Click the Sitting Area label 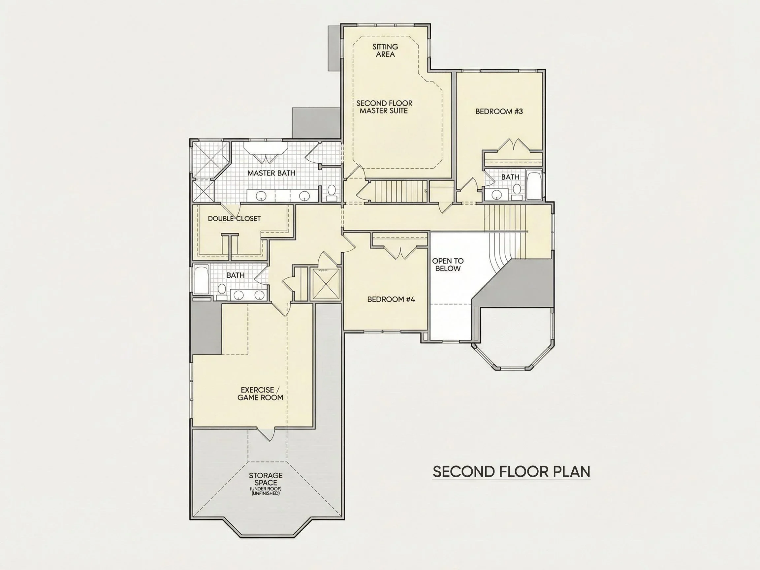click(385, 50)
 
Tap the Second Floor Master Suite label click(384, 107)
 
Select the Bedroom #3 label click(499, 111)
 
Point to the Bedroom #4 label click(391, 299)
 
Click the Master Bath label click(271, 173)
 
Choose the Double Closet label click(234, 218)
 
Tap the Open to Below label click(448, 265)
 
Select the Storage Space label click(266, 479)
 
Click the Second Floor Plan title click(511, 472)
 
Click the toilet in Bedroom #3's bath click(517, 192)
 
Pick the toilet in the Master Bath click(332, 193)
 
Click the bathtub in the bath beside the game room click(201, 279)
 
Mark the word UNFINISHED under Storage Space click(266, 493)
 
